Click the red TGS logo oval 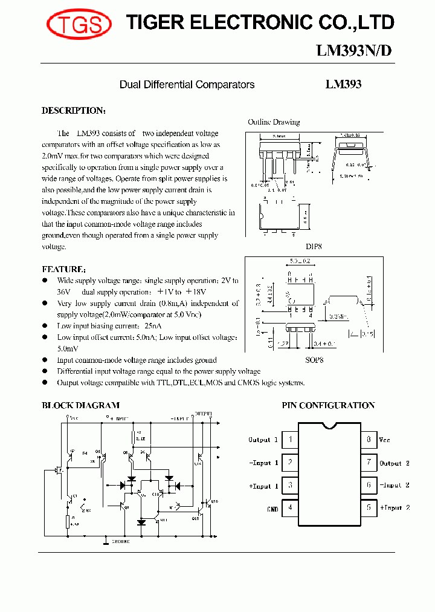tap(79, 24)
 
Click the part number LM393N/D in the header tap(354, 51)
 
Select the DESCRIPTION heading tap(73, 111)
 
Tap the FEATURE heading tap(63, 269)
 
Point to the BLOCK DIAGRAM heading tap(80, 406)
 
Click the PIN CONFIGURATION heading tap(328, 406)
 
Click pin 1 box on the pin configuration tap(290, 440)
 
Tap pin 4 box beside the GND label tap(290, 507)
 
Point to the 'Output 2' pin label tap(395, 463)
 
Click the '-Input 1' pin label tap(263, 463)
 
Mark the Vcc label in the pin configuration tap(385, 440)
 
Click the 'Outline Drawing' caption tap(274, 122)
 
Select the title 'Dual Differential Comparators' tap(187, 85)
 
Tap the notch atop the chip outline tap(329, 425)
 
